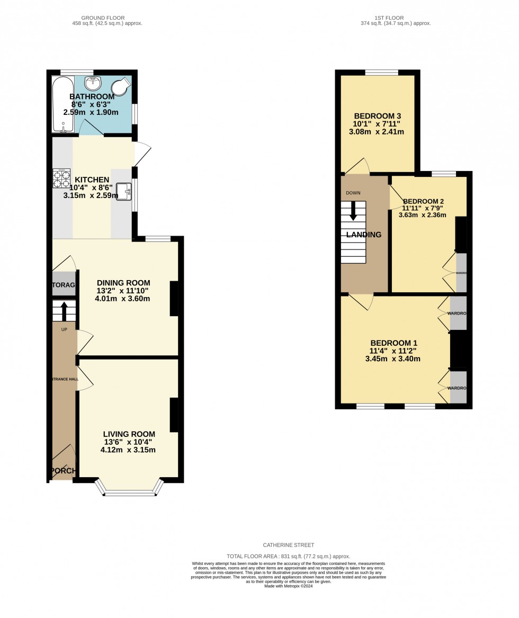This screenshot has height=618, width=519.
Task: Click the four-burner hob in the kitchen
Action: pyautogui.click(x=61, y=178)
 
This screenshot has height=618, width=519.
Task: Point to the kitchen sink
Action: pyautogui.click(x=124, y=191)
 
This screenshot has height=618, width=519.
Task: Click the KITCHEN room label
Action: pyautogui.click(x=92, y=180)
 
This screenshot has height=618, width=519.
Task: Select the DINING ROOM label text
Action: pyautogui.click(x=123, y=283)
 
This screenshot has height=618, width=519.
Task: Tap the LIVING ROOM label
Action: pyautogui.click(x=129, y=434)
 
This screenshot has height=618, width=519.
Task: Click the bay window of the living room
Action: pyautogui.click(x=130, y=489)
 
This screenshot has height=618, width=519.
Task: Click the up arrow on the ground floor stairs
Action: pyautogui.click(x=65, y=311)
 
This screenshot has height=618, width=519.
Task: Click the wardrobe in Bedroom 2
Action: pyautogui.click(x=461, y=273)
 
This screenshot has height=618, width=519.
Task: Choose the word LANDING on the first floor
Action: pyautogui.click(x=364, y=235)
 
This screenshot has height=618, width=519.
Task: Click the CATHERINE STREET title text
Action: pyautogui.click(x=289, y=545)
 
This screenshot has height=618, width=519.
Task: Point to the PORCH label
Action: pyautogui.click(x=63, y=471)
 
